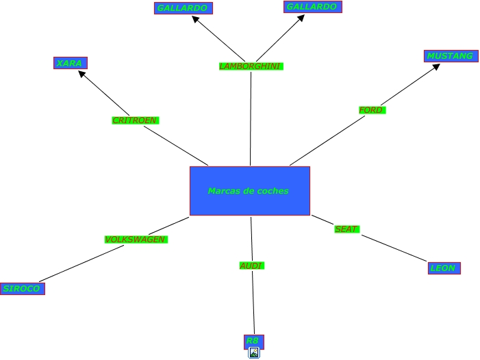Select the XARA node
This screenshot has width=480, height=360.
pos(70,63)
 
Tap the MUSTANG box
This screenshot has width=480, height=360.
pos(450,55)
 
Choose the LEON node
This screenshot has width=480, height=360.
pos(443,268)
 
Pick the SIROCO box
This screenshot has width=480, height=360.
pos(22,288)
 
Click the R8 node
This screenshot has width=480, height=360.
pos(253,341)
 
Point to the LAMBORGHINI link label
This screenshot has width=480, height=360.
pos(251,66)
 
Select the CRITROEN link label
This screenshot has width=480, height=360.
pos(135,120)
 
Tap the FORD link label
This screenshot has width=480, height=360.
pos(372,110)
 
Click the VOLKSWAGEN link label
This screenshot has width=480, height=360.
pos(135,240)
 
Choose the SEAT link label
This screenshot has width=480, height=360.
pos(346,229)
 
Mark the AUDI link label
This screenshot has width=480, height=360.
pos(251,265)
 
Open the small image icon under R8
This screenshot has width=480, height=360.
pos(254,353)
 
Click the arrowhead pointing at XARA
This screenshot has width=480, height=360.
pos(83,74)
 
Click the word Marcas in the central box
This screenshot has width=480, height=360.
pos(224,191)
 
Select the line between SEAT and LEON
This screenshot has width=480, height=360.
pos(394,248)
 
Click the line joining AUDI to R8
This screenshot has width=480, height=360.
pos(253,301)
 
